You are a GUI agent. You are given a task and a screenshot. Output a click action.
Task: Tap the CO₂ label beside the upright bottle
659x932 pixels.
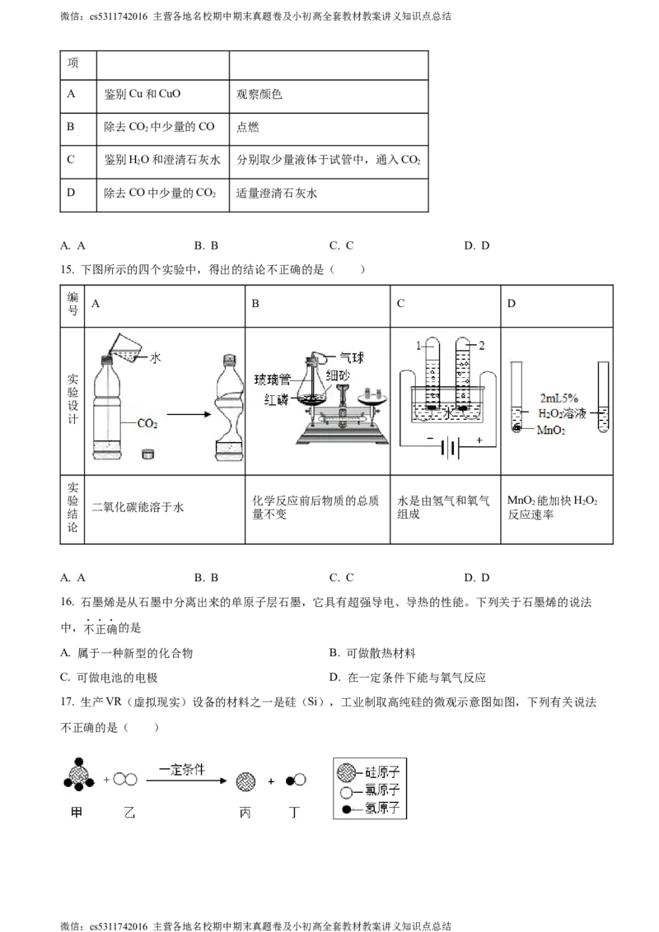coord(147,424)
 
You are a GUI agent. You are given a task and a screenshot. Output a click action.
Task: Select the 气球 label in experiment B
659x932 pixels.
coord(352,358)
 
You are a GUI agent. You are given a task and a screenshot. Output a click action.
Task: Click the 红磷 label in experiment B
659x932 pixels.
coord(276,399)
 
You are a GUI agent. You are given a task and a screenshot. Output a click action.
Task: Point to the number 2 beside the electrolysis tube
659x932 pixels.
coord(482,345)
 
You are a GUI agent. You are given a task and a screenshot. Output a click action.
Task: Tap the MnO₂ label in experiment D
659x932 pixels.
coord(551,430)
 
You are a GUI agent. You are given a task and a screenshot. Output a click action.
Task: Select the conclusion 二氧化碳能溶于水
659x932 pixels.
coord(138,508)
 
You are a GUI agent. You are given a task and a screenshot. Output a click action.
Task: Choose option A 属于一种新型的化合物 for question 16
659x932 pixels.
coord(127,653)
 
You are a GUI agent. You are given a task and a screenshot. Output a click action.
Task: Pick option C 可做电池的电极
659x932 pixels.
coord(109,678)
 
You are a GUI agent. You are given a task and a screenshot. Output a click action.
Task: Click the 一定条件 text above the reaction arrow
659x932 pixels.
coord(182,770)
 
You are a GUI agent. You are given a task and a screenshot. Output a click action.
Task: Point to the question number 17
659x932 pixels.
coord(68,702)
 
